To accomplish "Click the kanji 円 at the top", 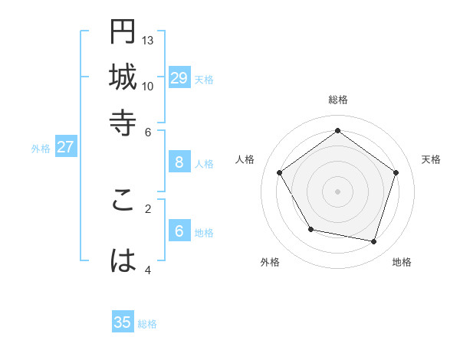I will [123, 34].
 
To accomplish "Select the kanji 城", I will [123, 78].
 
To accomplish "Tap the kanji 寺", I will [123, 123].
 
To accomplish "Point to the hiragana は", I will [123, 262].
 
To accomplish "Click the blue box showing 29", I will [179, 77].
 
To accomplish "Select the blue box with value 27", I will [65, 147].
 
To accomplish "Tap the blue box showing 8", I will [179, 162].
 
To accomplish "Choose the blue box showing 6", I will [179, 231].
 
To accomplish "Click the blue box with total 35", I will [123, 322].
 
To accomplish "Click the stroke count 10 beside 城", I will [148, 86].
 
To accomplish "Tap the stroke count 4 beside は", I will [148, 270].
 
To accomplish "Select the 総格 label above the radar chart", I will [337, 100].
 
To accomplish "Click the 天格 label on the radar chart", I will [431, 159].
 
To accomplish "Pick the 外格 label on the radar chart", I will [270, 262].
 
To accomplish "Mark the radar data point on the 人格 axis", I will [280, 172].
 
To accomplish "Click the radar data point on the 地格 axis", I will [373, 241].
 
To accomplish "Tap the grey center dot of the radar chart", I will [337, 191].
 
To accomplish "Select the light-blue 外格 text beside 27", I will [40, 149].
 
